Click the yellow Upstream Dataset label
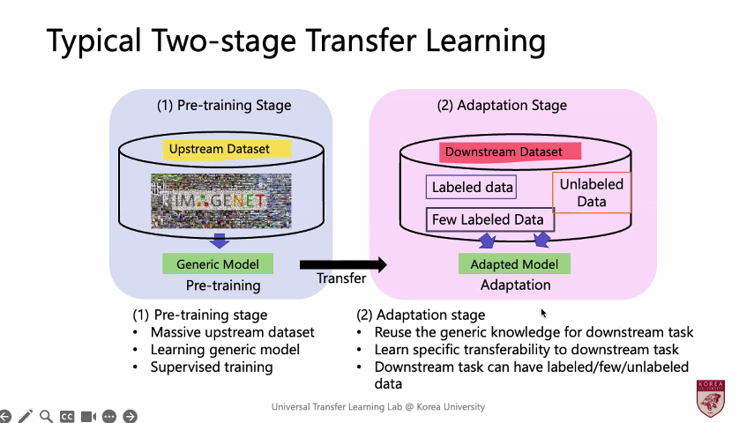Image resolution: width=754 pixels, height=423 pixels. click(x=228, y=149)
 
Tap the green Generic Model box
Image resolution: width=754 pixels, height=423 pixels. click(x=218, y=263)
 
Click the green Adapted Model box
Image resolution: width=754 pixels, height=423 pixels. click(x=514, y=263)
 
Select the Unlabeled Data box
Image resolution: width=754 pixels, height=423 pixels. click(x=591, y=193)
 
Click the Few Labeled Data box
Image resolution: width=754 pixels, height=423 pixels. click(x=487, y=219)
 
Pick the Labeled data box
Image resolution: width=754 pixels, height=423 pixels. click(x=472, y=187)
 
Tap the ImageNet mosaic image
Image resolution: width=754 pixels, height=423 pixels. click(x=220, y=203)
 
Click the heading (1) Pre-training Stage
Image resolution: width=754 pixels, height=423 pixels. click(x=224, y=106)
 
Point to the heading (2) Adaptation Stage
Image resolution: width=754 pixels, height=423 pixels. click(x=502, y=106)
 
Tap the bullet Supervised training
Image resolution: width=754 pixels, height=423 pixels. click(x=212, y=367)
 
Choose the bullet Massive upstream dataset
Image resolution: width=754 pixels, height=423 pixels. click(x=232, y=332)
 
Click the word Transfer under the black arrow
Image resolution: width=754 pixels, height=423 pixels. click(x=341, y=278)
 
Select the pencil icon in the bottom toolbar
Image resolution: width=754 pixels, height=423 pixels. click(x=26, y=416)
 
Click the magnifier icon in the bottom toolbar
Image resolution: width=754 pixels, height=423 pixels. click(x=46, y=416)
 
